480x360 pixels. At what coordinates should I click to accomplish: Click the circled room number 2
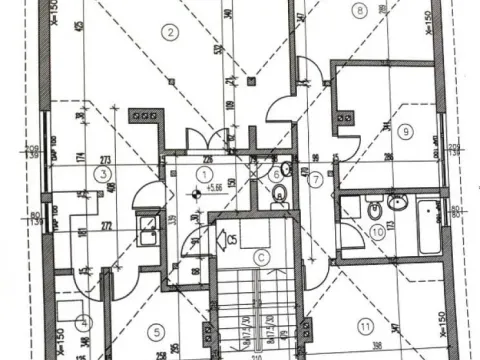(171, 33)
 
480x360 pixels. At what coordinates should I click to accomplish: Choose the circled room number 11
(365, 325)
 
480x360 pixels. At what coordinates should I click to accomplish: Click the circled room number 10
(377, 232)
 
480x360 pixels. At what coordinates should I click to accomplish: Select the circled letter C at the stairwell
(261, 256)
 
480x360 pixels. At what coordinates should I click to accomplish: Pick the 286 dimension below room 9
(388, 157)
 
